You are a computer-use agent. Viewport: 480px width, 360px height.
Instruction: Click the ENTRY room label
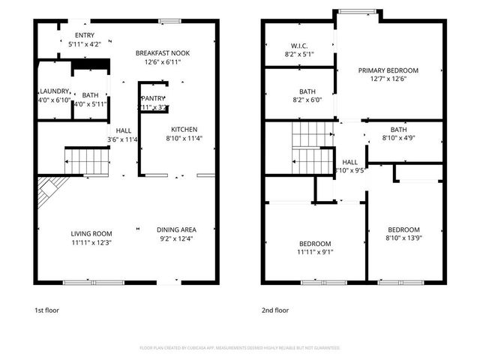[x=84, y=35]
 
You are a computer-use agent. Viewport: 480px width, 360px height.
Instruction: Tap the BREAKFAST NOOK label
[x=163, y=53]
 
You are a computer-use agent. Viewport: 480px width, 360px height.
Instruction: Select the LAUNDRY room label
[x=54, y=91]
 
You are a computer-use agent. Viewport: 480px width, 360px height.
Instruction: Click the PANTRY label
[x=153, y=98]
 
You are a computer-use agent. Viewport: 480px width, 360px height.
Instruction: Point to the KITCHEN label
[x=184, y=129]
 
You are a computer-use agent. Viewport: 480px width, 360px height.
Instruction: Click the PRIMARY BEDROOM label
[x=387, y=70]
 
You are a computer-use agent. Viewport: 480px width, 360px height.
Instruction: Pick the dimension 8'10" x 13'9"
[x=403, y=238]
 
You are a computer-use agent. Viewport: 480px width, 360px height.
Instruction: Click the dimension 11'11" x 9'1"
[x=316, y=252]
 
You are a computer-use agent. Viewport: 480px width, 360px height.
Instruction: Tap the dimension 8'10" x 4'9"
[x=398, y=138]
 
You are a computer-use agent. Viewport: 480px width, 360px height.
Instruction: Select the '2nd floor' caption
[x=274, y=310]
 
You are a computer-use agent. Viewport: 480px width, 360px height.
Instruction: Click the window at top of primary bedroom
[x=357, y=11]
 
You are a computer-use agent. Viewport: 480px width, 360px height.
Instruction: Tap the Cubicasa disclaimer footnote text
[x=240, y=348]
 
